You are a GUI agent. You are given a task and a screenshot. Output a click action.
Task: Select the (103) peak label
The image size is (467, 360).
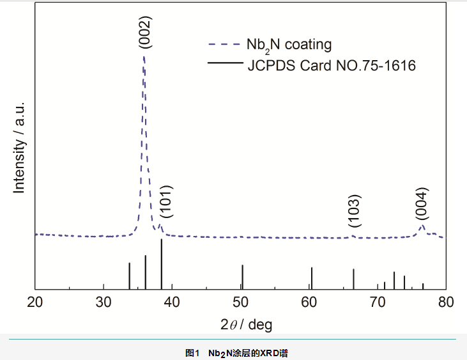click(355, 211)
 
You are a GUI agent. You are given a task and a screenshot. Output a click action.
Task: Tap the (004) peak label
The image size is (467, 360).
click(422, 203)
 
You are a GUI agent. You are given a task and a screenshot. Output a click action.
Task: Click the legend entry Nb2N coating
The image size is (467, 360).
click(289, 45)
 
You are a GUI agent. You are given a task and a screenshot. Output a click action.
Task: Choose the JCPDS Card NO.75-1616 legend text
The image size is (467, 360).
click(332, 65)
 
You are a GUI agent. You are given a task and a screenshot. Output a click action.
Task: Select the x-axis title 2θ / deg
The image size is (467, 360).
click(246, 325)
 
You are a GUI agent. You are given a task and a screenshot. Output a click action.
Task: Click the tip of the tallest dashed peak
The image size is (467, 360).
click(144, 56)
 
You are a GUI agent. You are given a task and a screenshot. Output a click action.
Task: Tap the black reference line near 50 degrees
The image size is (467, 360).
click(242, 276)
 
